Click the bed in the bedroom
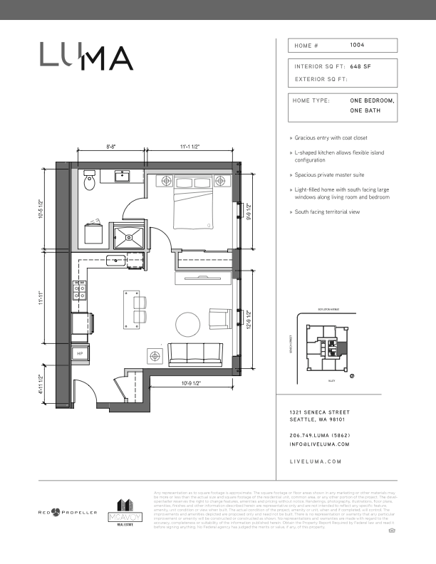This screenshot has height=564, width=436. point(194,204)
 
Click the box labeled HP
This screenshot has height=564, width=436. point(80,352)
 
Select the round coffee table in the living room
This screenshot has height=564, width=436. point(188,324)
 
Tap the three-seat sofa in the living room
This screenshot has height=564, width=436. point(194,352)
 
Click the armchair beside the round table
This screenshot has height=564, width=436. point(220,319)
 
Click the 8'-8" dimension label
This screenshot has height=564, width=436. point(111,147)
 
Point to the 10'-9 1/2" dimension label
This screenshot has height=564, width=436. point(190,384)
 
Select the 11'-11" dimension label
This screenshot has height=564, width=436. point(42,301)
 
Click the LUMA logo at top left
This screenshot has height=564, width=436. point(85,56)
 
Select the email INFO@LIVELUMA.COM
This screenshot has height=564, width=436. point(320,444)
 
